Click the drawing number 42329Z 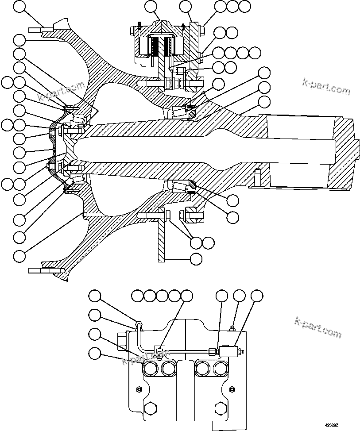pos(331,425)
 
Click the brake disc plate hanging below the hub pos(162,239)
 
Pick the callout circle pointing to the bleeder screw pos(239,296)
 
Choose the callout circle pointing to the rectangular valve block pos(256,296)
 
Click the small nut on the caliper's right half pos(232,389)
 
